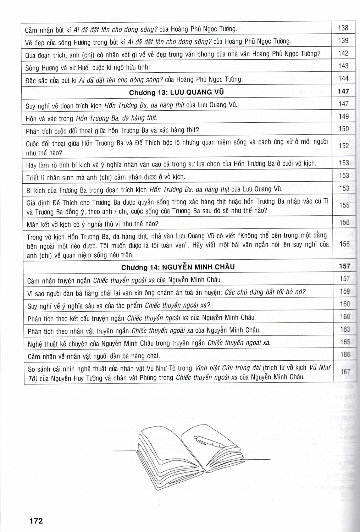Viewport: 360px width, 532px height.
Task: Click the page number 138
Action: tap(343, 28)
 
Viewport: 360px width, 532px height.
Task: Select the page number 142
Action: tap(343, 53)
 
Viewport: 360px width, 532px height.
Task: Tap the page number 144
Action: tap(343, 78)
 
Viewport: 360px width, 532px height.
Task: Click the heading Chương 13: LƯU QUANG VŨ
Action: tap(176, 93)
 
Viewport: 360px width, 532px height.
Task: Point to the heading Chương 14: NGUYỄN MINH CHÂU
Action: tap(178, 267)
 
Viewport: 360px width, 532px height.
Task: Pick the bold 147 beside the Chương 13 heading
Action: tap(343, 92)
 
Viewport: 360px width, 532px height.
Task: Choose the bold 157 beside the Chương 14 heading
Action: tap(344, 266)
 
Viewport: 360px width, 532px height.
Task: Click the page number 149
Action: tap(344, 116)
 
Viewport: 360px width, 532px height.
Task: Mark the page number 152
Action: tap(344, 146)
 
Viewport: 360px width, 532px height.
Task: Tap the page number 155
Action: tap(344, 205)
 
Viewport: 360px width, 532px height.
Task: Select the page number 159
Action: tap(345, 291)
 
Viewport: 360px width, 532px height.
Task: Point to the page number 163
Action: tap(345, 329)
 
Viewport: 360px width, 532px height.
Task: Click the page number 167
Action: tap(345, 371)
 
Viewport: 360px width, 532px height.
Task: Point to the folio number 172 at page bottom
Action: tap(36, 521)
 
